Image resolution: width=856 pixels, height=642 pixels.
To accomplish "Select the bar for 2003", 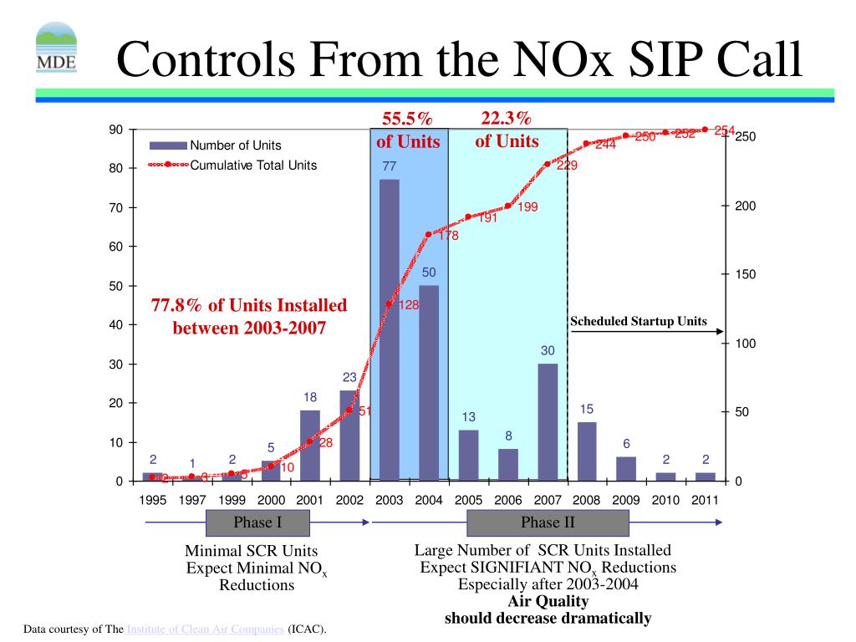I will (x=389, y=330).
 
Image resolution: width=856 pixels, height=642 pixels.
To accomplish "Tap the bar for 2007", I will (x=548, y=422).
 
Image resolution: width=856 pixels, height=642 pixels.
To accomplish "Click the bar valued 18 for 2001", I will (x=310, y=446).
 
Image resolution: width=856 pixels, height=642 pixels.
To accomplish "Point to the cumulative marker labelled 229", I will (x=548, y=164).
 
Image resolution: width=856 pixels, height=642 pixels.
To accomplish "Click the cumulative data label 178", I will (x=448, y=236).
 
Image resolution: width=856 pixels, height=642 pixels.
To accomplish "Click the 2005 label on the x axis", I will (x=468, y=500).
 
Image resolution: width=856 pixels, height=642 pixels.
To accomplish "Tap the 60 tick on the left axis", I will (x=115, y=247).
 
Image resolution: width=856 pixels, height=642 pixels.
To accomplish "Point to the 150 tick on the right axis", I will (x=745, y=275).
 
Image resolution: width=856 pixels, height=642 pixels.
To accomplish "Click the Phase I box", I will (x=257, y=523).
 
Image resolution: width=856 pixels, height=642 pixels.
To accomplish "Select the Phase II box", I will (x=548, y=523).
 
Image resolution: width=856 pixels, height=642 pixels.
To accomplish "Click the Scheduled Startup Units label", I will (x=638, y=321).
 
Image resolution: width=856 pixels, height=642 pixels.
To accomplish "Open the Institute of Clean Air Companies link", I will (x=206, y=629).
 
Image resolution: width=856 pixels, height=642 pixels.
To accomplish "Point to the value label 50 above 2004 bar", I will (x=429, y=273).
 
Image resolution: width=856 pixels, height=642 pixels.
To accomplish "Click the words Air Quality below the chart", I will (x=548, y=601).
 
